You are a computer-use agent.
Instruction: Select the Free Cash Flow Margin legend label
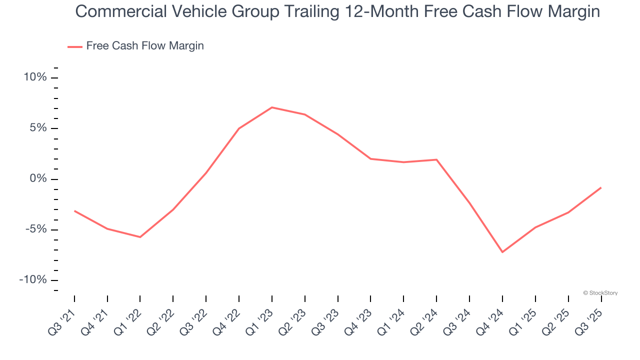(145, 46)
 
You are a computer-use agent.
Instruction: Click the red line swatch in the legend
(75, 47)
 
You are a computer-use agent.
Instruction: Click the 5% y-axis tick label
(38, 128)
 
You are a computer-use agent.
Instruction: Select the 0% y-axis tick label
(38, 179)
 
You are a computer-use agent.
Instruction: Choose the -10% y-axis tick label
(33, 280)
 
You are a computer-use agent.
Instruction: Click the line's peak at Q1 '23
(271, 107)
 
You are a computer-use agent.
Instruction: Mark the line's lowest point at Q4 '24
(502, 252)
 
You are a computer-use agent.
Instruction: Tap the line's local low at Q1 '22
(140, 237)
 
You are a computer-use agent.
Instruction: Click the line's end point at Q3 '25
(600, 187)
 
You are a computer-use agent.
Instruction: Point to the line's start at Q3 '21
(74, 211)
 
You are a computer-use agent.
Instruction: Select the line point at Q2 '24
(436, 159)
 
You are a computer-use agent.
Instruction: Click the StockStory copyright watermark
(600, 293)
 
